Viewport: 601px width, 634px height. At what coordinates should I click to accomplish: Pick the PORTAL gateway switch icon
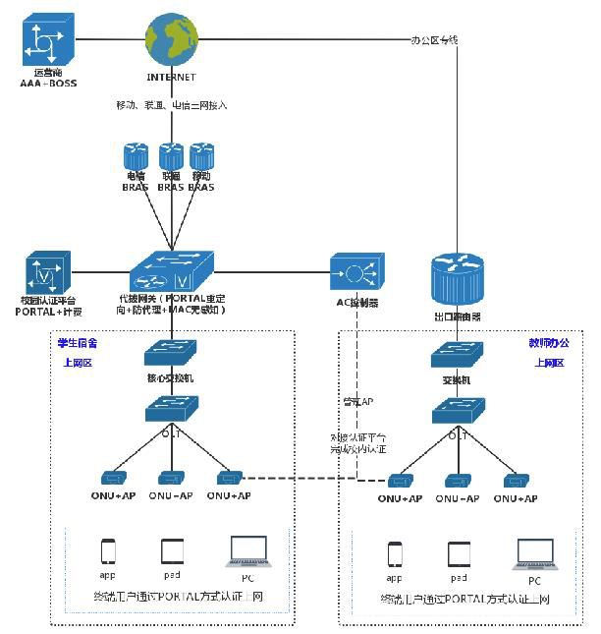point(171,269)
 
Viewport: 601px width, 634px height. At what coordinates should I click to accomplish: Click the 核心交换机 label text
point(172,377)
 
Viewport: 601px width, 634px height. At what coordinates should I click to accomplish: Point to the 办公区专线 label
point(434,40)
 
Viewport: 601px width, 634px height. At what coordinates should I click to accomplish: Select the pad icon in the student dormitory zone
point(173,552)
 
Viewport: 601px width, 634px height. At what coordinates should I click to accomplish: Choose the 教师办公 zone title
point(548,343)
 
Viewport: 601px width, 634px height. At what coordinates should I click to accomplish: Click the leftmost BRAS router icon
point(135,156)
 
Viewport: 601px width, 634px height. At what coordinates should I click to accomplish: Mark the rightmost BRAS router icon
point(202,156)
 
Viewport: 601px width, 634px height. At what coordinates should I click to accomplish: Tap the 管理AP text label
point(356,401)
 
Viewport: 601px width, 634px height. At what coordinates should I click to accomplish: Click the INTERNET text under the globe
point(171,77)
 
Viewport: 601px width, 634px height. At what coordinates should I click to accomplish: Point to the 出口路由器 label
point(457,317)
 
